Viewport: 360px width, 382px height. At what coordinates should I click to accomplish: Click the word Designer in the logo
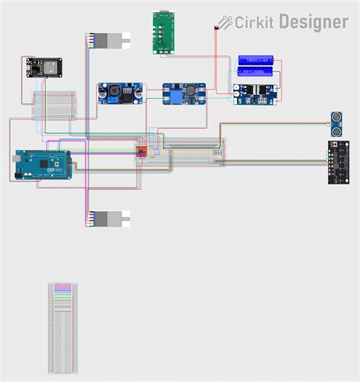pyautogui.click(x=313, y=22)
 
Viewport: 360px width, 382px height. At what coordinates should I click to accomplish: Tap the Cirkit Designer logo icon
pyautogui.click(x=226, y=22)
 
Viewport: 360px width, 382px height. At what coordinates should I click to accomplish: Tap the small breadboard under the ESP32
pyautogui.click(x=54, y=104)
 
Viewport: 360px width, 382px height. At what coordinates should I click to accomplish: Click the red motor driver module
pyautogui.click(x=141, y=152)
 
